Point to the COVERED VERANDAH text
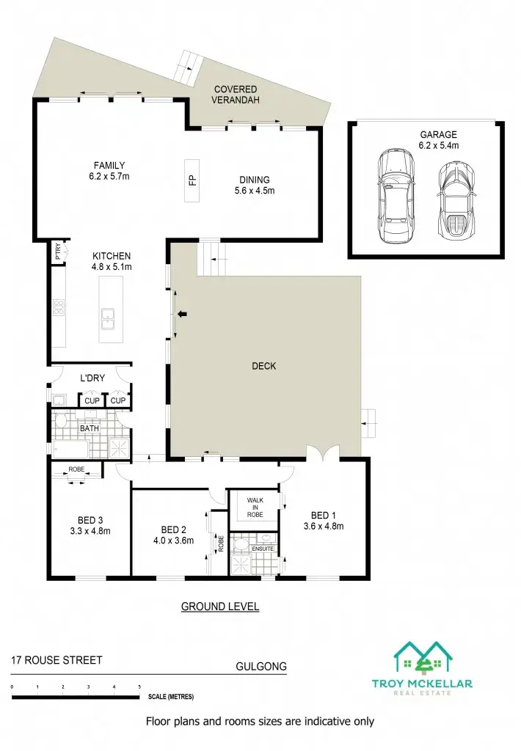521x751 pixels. click(237, 95)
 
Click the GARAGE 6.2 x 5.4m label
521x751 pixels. click(438, 140)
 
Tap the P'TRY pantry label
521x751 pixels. click(58, 252)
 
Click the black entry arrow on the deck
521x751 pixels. click(182, 315)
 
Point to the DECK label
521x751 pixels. click(263, 366)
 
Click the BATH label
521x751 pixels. click(90, 428)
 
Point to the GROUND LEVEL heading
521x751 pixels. click(220, 607)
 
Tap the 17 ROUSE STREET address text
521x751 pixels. click(57, 660)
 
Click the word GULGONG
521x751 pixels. click(260, 667)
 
